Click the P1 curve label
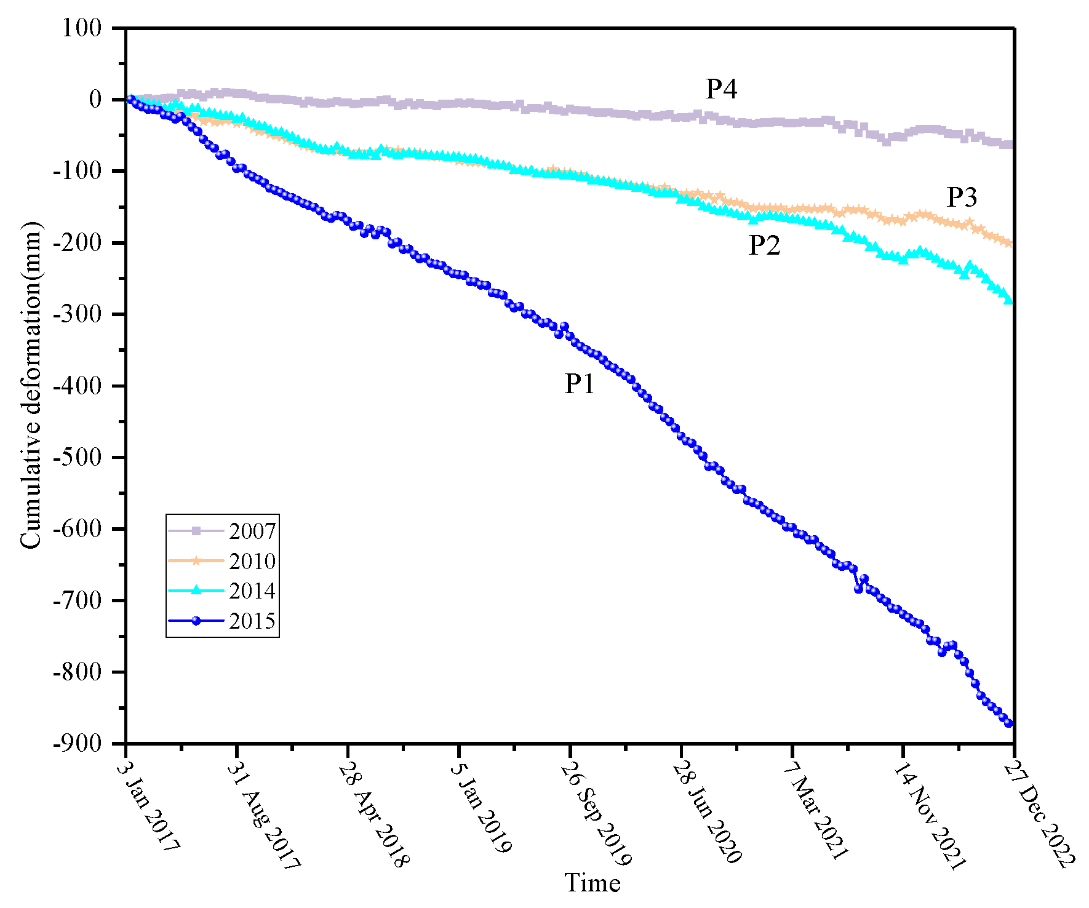coord(580,384)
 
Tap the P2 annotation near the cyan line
coord(764,245)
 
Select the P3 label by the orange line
coord(962,197)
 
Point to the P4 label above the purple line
coord(721,89)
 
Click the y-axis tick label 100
coord(82,28)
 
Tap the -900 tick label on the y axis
coord(77,743)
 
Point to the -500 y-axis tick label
coord(77,457)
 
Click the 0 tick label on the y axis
coord(95,100)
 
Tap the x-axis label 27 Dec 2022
coord(1040,812)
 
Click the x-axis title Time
coord(592,883)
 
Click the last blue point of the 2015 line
coord(1008,723)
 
